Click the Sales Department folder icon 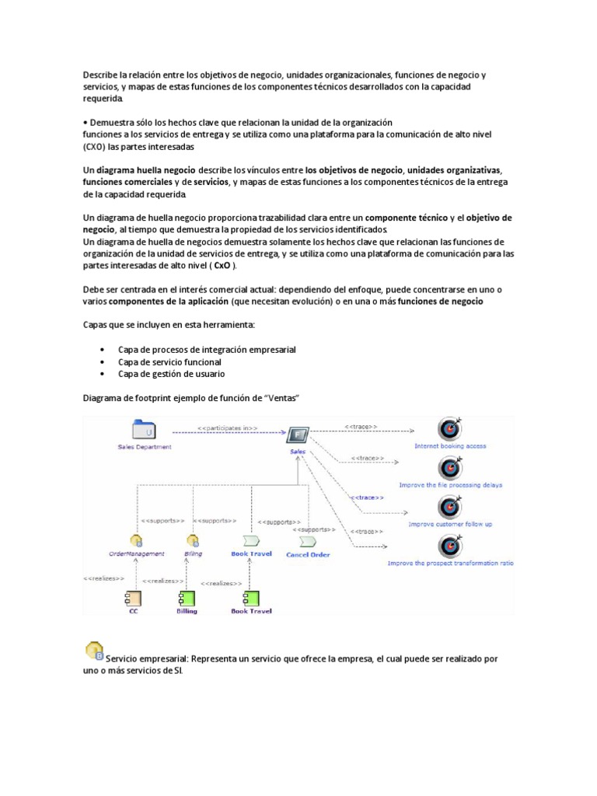coord(145,431)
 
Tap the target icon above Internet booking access coord(449,428)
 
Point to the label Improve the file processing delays coord(450,485)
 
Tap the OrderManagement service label coord(136,554)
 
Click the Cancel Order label coord(308,554)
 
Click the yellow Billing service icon coord(192,541)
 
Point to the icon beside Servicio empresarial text coord(93,650)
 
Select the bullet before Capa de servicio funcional coord(103,362)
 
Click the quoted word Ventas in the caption coord(281,398)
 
